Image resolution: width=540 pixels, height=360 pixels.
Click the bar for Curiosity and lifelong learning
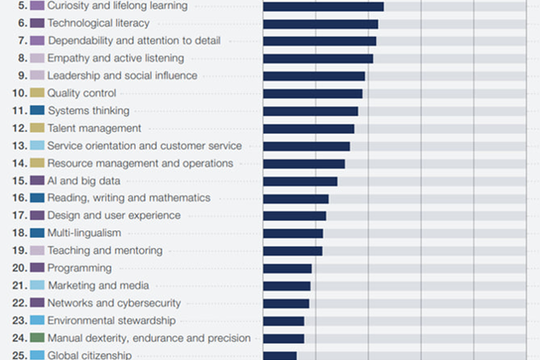322,6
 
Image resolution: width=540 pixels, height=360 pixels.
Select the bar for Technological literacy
320,23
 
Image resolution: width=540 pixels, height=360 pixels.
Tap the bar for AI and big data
299,181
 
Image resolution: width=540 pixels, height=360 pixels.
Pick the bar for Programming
287,268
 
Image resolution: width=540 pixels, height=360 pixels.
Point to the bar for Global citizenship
279,355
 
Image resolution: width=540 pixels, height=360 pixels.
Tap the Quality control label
81,93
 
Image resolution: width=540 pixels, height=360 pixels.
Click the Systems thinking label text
88,111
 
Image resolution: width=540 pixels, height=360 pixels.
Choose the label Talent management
94,128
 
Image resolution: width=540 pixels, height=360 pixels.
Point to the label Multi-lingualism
84,233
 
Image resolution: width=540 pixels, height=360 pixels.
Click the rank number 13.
18,146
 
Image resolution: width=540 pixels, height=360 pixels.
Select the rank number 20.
18,268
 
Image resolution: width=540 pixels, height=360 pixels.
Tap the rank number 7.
21,41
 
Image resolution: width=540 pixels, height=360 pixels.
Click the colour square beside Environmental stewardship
37,321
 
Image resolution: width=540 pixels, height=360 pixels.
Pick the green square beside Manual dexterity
37,338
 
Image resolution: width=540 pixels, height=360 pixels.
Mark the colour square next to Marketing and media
37,286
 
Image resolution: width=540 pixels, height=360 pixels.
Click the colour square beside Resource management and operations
37,163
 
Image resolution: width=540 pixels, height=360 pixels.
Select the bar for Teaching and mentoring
292,251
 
